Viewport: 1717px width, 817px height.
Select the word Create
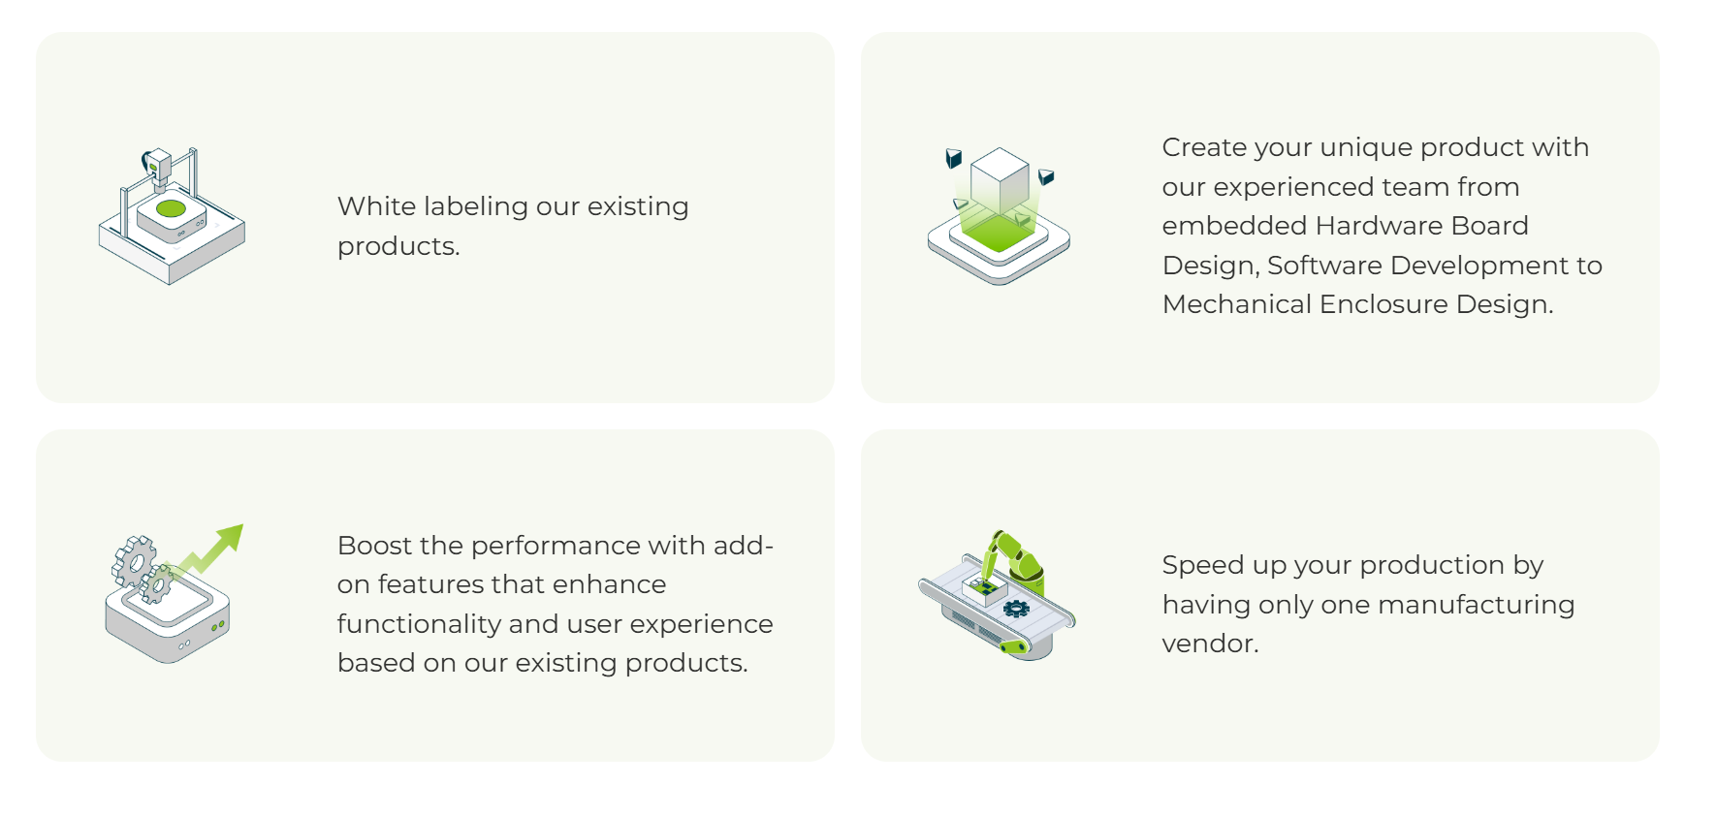point(1204,147)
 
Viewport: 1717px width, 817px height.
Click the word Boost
point(372,546)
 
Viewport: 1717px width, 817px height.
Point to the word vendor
point(1210,644)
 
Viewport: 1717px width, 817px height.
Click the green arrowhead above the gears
point(231,536)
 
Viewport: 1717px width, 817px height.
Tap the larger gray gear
point(134,560)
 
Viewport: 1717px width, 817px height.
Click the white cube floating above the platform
point(1000,180)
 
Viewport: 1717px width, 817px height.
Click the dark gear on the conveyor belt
point(1016,609)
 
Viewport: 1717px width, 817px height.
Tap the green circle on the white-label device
point(171,208)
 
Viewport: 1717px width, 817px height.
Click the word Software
point(1324,266)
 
